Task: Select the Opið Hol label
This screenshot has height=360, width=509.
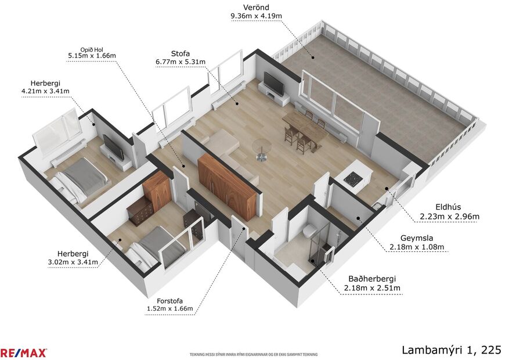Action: point(92,52)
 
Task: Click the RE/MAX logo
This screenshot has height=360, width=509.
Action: point(24,352)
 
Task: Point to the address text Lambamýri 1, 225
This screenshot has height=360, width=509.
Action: point(451,350)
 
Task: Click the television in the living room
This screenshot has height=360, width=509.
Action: point(274,84)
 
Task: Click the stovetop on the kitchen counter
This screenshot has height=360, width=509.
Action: point(353,179)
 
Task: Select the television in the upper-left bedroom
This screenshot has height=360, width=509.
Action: point(114,147)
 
